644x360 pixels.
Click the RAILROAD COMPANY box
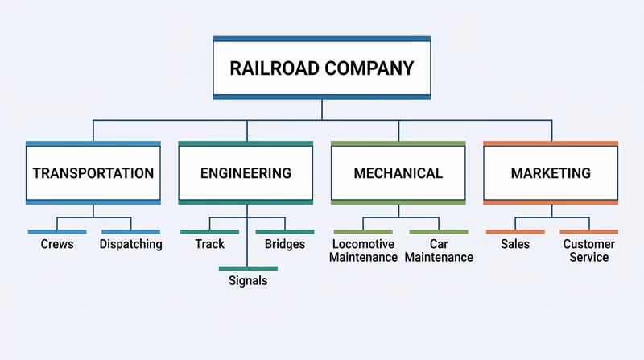322,68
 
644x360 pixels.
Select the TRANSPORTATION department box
93,172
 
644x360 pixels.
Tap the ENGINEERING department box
246,172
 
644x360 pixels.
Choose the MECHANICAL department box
398,172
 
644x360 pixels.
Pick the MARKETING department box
551,172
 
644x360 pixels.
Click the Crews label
57,244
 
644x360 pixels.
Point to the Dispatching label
131,244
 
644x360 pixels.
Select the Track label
209,244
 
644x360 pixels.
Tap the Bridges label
285,244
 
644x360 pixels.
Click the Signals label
248,282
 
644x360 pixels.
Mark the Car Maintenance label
439,250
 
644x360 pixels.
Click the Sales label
515,244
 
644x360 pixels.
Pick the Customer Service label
588,250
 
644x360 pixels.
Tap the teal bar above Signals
248,268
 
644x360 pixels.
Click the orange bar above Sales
515,232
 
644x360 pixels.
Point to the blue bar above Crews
57,232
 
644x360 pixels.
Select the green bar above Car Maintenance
439,232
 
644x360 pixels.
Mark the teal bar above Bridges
285,232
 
